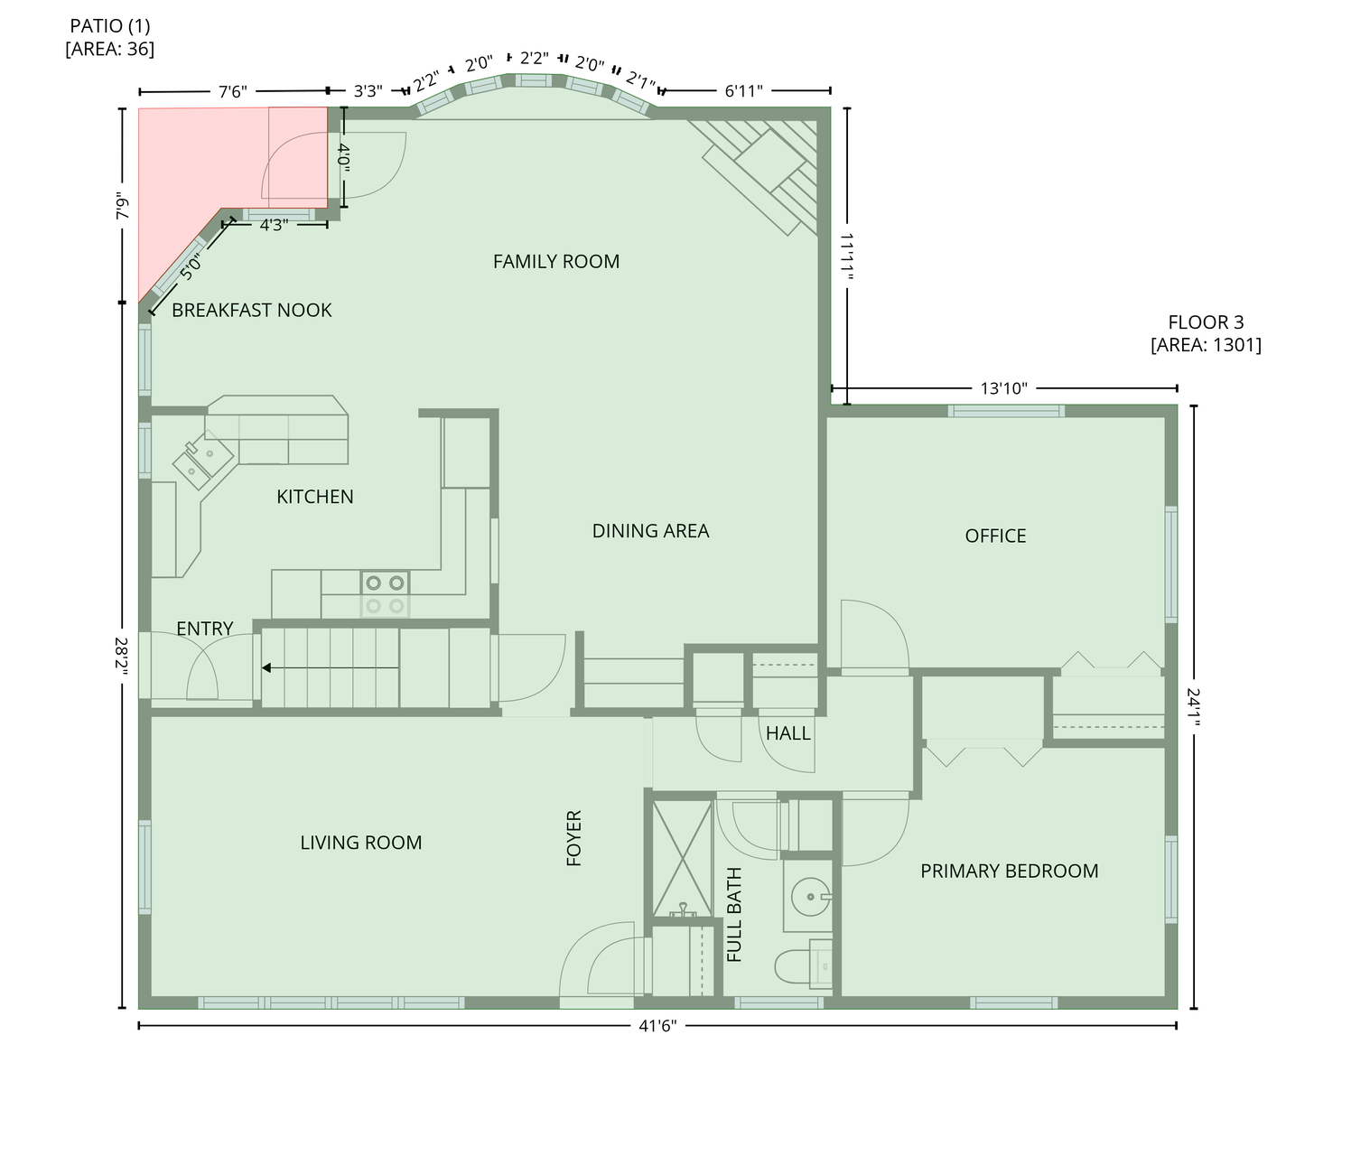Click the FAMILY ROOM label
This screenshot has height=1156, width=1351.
556,262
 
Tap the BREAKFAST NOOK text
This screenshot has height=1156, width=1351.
252,311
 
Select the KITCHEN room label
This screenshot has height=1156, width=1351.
315,498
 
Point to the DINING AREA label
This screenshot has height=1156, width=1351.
650,531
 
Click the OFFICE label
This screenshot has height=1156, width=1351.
995,536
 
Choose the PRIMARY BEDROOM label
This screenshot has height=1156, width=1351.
1009,872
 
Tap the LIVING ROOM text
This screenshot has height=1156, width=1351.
361,843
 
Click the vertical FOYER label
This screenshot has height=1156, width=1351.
573,838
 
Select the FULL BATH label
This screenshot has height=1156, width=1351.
734,915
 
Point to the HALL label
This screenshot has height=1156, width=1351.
787,734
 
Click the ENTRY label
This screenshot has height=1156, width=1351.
205,629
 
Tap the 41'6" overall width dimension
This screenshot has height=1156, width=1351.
657,1026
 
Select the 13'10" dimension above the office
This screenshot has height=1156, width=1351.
1004,389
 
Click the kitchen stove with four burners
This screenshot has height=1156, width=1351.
385,594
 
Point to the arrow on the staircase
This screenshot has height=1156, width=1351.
330,667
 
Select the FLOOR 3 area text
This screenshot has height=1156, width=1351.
1206,334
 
